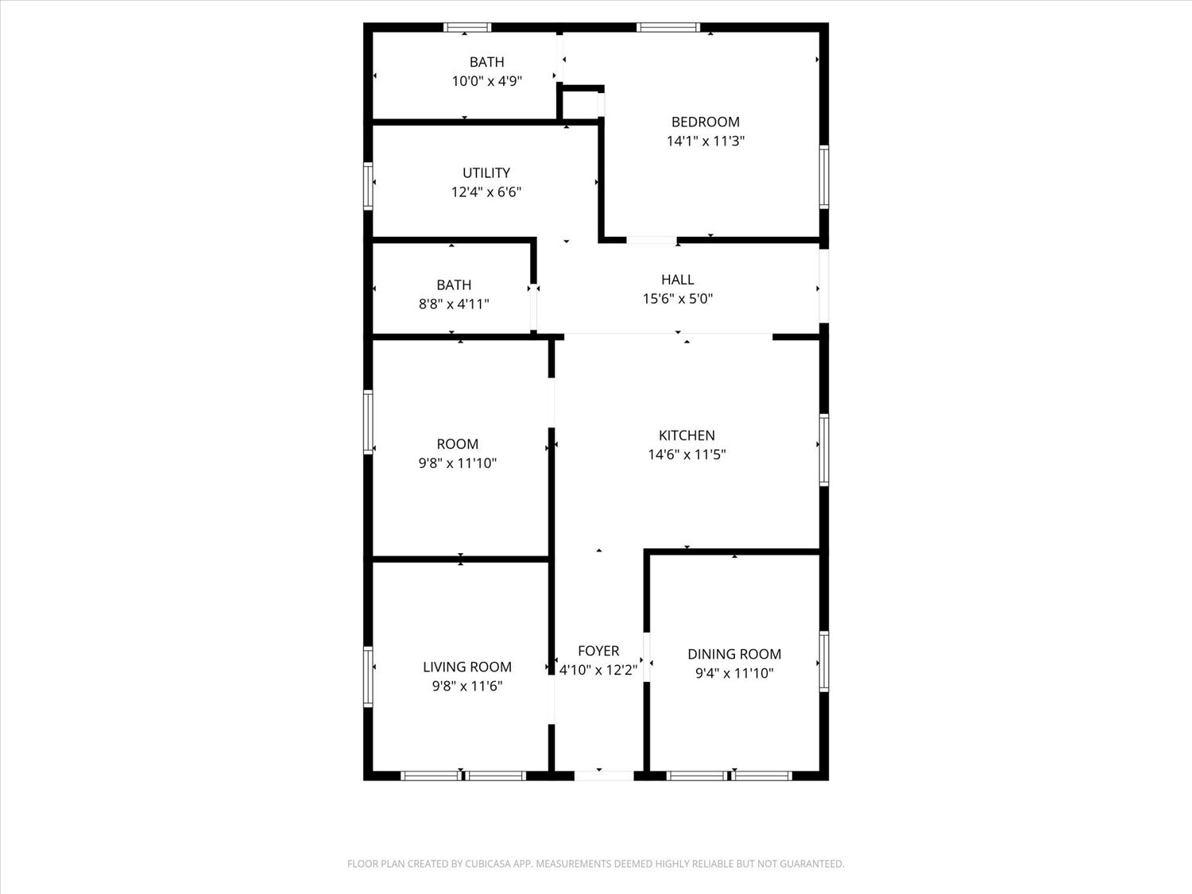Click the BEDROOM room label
pyautogui.click(x=705, y=122)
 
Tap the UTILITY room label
pyautogui.click(x=486, y=172)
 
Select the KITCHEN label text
pyautogui.click(x=687, y=435)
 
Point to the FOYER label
pyautogui.click(x=598, y=651)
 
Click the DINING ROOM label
pyautogui.click(x=733, y=654)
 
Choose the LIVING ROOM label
pyautogui.click(x=466, y=667)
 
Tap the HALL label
pyautogui.click(x=677, y=279)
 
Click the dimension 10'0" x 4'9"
pyautogui.click(x=486, y=80)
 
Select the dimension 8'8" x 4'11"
pyautogui.click(x=454, y=304)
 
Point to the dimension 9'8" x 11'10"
pyautogui.click(x=457, y=463)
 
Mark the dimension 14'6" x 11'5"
pyautogui.click(x=687, y=455)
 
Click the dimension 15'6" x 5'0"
pyautogui.click(x=677, y=299)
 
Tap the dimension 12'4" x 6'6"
pyautogui.click(x=486, y=192)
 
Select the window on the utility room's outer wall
pyautogui.click(x=369, y=185)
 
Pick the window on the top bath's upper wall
pyautogui.click(x=467, y=28)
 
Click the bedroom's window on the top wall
pyautogui.click(x=668, y=28)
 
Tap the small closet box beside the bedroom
pyautogui.click(x=580, y=103)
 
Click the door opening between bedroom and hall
pyautogui.click(x=652, y=239)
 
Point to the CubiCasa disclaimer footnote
pyautogui.click(x=595, y=864)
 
